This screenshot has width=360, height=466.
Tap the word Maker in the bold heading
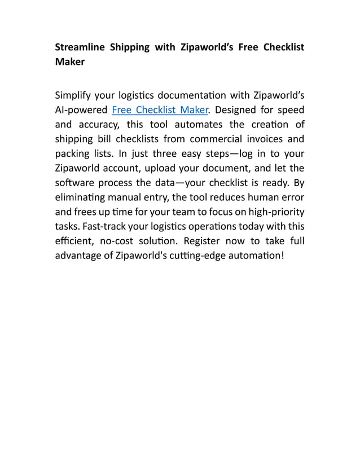point(70,62)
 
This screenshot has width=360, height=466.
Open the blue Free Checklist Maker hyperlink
point(160,109)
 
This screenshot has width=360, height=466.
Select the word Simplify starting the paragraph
point(75,94)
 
